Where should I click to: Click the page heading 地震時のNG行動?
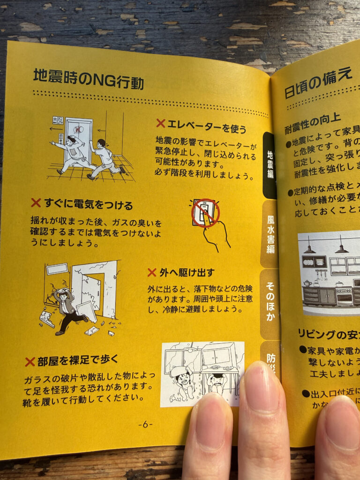click(x=88, y=79)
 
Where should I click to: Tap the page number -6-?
click(x=145, y=425)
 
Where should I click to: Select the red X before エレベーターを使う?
click(x=161, y=123)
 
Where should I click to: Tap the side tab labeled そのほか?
click(x=270, y=302)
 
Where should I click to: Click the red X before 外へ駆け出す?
click(x=152, y=272)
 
